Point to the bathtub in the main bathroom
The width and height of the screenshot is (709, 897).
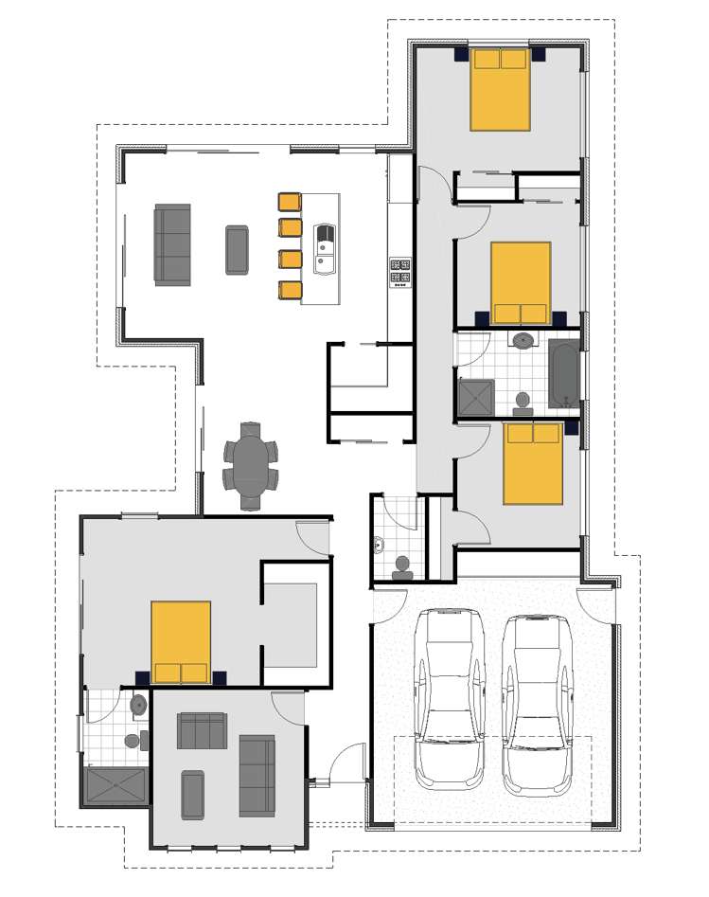click(563, 375)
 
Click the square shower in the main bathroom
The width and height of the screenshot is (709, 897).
click(475, 397)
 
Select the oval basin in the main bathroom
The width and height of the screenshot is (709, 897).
click(522, 341)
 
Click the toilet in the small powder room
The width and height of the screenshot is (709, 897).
click(402, 566)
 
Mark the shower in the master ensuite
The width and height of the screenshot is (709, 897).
click(116, 784)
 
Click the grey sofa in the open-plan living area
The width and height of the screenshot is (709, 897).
click(172, 242)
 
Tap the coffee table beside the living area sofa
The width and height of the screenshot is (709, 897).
click(237, 249)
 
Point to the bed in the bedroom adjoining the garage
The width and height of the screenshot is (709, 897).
click(532, 463)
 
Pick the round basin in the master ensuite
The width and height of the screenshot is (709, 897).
click(139, 705)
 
